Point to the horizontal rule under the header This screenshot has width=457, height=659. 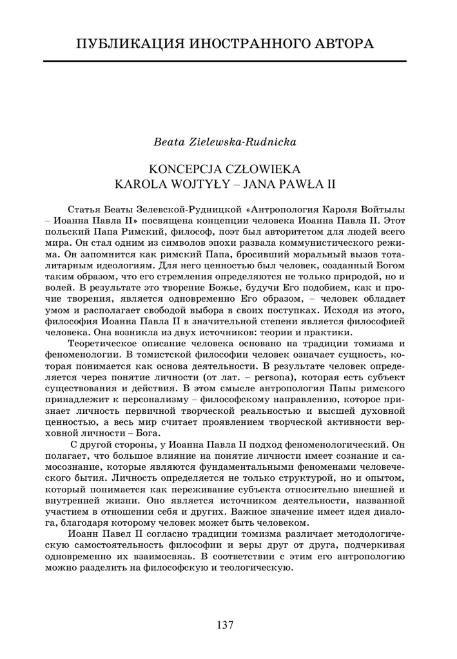tap(225, 60)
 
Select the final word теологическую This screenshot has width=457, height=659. tap(255, 569)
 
